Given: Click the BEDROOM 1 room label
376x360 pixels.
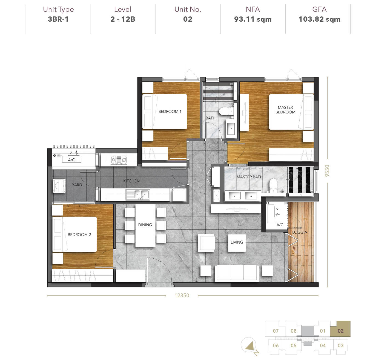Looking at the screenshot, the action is pyautogui.click(x=170, y=112).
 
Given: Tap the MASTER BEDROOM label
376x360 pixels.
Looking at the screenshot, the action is pyautogui.click(x=285, y=110).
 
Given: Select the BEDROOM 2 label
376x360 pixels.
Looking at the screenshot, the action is pyautogui.click(x=79, y=235).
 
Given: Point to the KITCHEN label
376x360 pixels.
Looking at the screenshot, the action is pyautogui.click(x=131, y=181).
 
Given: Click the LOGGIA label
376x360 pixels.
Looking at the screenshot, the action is pyautogui.click(x=300, y=232).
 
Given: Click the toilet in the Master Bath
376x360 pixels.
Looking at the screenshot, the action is pyautogui.click(x=273, y=185).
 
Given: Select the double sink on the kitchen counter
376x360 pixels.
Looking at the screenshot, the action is pyautogui.click(x=137, y=195).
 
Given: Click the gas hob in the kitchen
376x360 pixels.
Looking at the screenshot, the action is pyautogui.click(x=119, y=160).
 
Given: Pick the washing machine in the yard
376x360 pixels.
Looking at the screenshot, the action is pyautogui.click(x=59, y=186).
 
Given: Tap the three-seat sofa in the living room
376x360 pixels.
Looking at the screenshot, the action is pyautogui.click(x=237, y=273).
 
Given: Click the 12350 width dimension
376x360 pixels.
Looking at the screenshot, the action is pyautogui.click(x=182, y=295).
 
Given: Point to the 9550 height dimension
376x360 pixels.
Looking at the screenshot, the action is pyautogui.click(x=327, y=171).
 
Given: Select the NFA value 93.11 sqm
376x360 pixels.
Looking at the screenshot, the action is pyautogui.click(x=253, y=19).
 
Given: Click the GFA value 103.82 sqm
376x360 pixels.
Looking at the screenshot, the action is pyautogui.click(x=319, y=19).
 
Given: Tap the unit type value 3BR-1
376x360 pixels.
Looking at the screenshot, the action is pyautogui.click(x=58, y=19).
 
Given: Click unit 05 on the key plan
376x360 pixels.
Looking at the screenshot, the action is pyautogui.click(x=294, y=345).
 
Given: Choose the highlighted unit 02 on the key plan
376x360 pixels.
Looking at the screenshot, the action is pyautogui.click(x=340, y=331).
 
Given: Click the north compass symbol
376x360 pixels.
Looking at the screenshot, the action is pyautogui.click(x=249, y=346).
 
